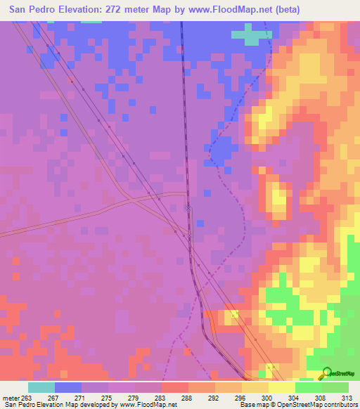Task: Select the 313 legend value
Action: tap(347, 398)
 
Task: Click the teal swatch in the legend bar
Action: tap(41, 387)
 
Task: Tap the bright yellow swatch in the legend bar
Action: tap(282, 387)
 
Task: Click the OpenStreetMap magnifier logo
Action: tap(327, 373)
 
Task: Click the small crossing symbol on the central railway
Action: tap(188, 208)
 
